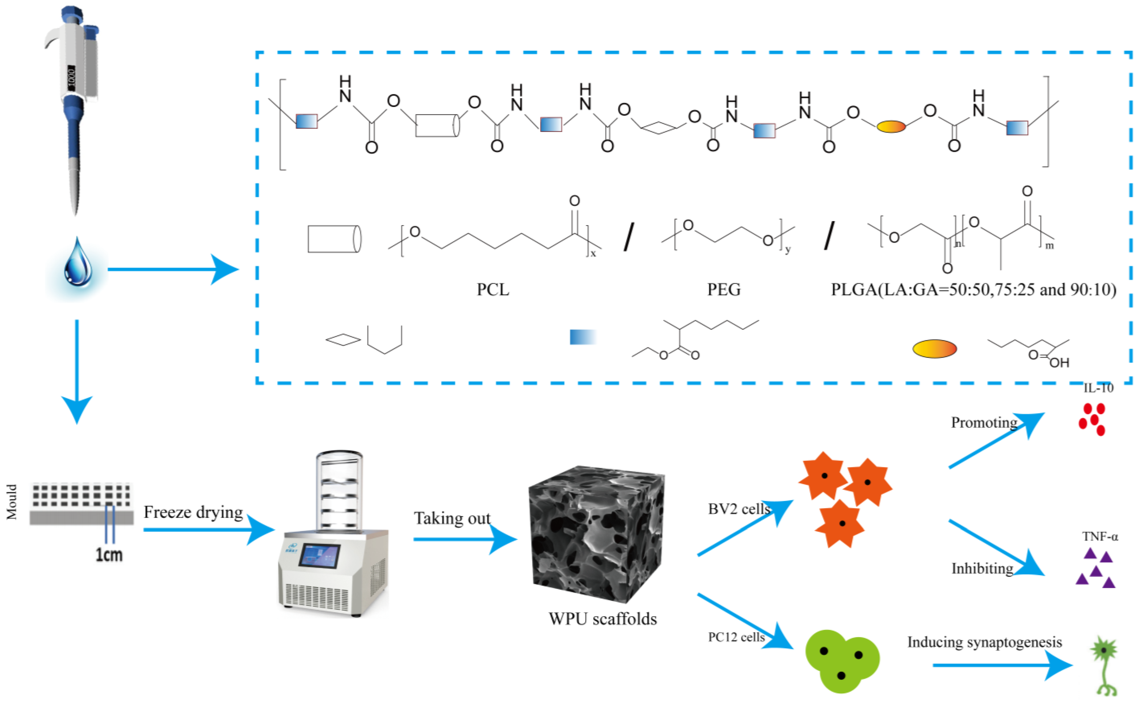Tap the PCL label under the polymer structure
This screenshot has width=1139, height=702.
click(x=493, y=290)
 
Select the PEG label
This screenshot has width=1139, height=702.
click(x=724, y=290)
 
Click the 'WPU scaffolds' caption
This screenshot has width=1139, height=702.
click(x=602, y=619)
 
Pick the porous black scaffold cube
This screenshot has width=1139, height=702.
click(x=596, y=534)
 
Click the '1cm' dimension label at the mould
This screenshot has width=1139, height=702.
click(x=109, y=555)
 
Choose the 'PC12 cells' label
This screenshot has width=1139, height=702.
click(x=736, y=637)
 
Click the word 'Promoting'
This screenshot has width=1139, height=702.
click(x=984, y=423)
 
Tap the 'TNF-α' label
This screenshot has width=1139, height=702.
click(x=1100, y=537)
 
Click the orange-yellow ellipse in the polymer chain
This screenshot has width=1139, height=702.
click(x=891, y=126)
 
